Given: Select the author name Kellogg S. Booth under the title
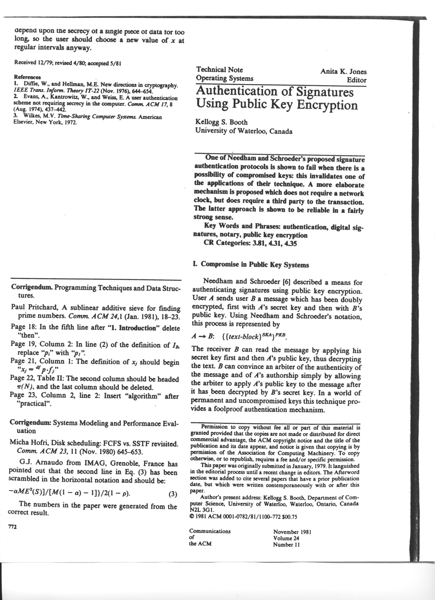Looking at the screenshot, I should [221, 122].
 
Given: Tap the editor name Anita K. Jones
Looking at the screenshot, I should [343, 71].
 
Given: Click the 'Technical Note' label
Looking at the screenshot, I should [219, 70].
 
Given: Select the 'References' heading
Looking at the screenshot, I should [27, 77].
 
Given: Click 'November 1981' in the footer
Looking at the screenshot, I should [292, 532].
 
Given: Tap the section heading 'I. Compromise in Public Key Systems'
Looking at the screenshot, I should [251, 265].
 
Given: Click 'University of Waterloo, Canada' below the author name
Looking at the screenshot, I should [244, 131].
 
